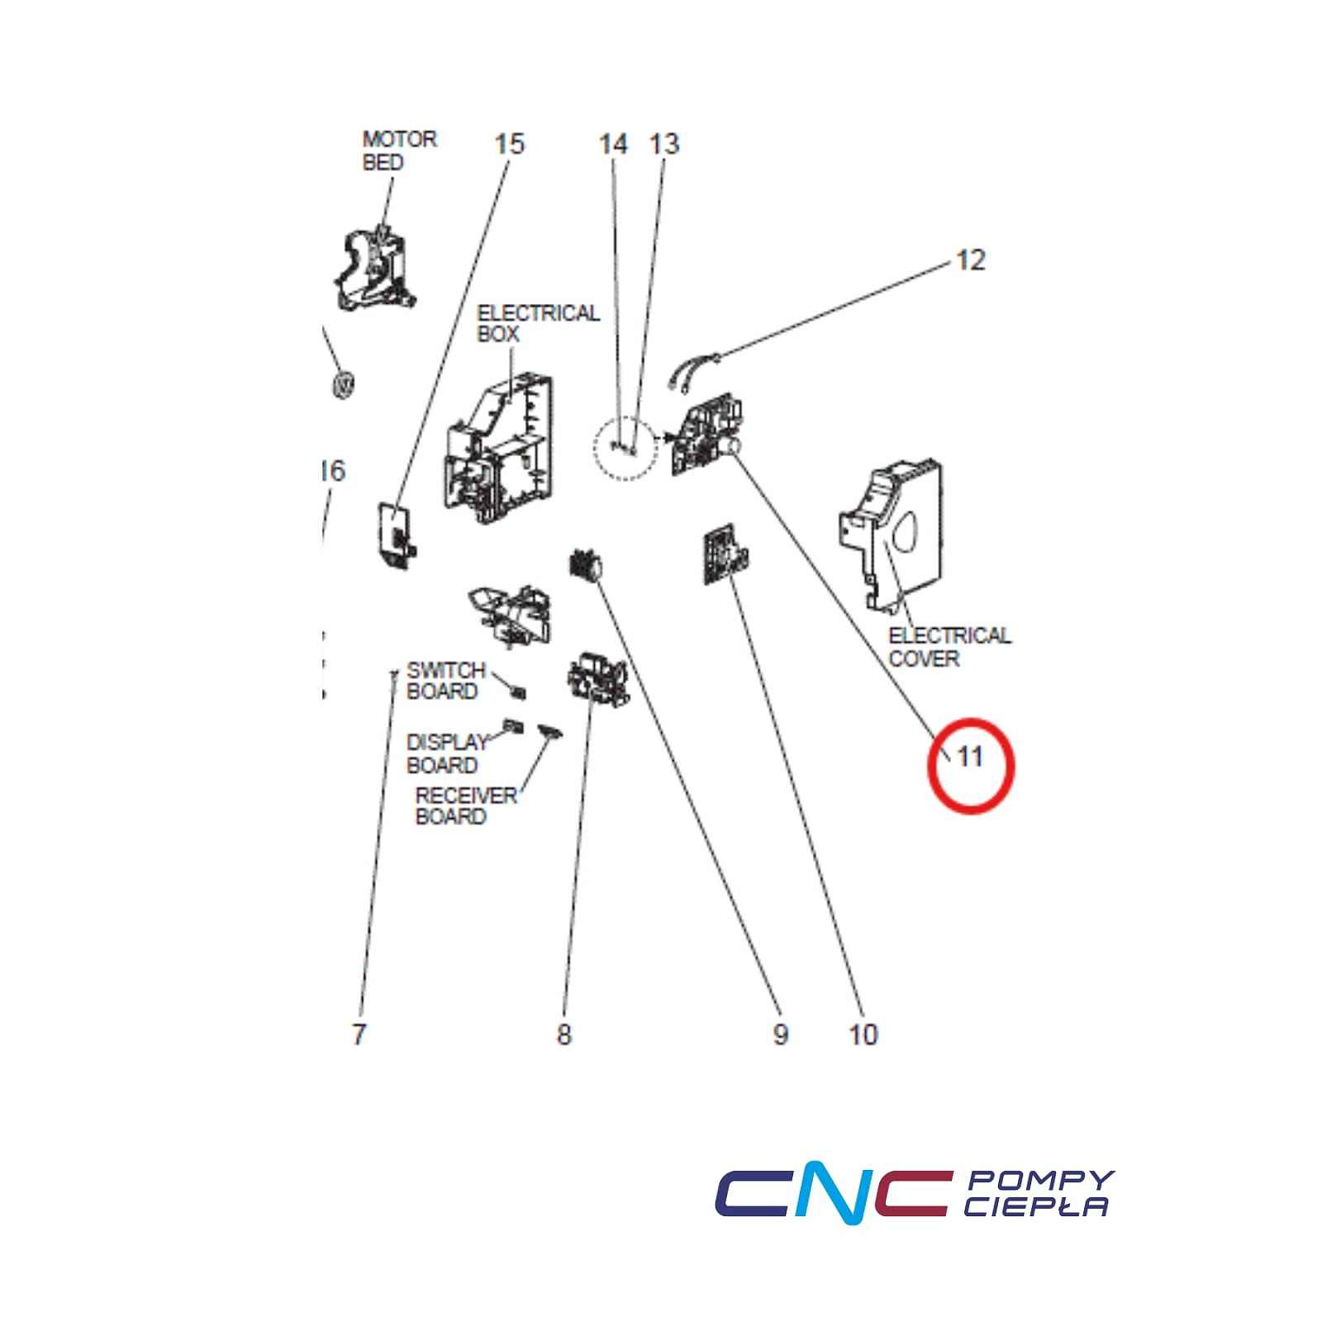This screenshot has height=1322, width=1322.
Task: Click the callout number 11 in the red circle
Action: coord(969,756)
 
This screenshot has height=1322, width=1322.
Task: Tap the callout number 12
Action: coord(971,260)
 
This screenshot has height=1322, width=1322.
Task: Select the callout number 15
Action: coord(509,144)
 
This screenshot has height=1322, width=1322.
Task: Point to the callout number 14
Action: coord(613,144)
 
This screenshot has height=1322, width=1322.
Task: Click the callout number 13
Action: coord(664,144)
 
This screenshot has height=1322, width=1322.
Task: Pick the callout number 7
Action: coord(359,1034)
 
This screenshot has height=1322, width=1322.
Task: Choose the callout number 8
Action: coord(564,1034)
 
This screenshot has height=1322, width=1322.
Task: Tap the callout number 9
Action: coord(781,1034)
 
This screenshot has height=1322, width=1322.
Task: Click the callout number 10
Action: coord(863,1034)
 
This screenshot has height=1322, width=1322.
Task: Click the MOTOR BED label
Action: coord(399,150)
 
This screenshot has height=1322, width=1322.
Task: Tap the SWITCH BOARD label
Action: coord(446,680)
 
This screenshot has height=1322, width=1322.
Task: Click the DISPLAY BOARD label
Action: coord(447,754)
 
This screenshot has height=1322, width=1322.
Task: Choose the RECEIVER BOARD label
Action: coord(466,806)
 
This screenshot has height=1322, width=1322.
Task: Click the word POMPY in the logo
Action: coord(1040,1181)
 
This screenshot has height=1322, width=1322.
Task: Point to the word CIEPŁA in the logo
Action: coord(1036,1206)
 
